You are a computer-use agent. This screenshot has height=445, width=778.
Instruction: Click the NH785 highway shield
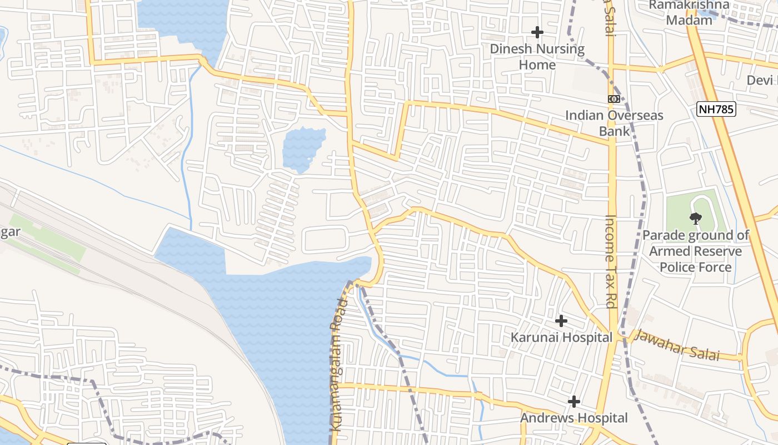(x=716, y=109)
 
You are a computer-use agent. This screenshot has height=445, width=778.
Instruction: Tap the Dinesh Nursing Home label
(x=537, y=57)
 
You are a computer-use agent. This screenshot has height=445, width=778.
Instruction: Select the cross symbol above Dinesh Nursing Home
(x=537, y=32)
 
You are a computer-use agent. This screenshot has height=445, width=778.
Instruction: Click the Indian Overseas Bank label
(x=614, y=123)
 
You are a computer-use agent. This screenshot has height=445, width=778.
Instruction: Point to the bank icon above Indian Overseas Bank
(x=614, y=99)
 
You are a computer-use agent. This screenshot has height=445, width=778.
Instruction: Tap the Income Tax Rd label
(x=611, y=261)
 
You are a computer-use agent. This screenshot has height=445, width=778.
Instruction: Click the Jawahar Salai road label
(x=676, y=345)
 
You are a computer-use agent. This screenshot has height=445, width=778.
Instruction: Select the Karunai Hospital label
(x=561, y=338)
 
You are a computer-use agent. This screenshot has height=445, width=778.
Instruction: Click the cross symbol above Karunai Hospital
(x=561, y=321)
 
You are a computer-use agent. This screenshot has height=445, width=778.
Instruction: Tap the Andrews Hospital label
(x=574, y=418)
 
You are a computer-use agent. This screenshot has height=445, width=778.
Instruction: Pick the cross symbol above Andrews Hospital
(x=574, y=401)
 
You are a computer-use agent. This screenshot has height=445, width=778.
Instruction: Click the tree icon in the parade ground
(x=695, y=219)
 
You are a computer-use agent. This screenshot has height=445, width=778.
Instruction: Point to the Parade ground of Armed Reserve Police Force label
(x=696, y=251)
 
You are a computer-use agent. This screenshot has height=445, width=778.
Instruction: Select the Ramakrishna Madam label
(x=689, y=12)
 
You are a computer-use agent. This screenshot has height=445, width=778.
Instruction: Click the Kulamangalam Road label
(x=338, y=364)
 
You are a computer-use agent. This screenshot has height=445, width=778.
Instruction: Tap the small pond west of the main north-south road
(x=303, y=149)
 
